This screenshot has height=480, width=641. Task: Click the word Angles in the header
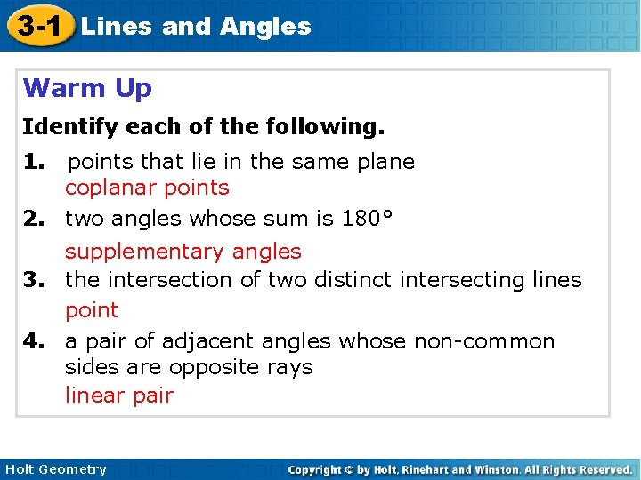(x=265, y=27)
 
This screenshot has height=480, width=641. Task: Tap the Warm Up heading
(x=87, y=88)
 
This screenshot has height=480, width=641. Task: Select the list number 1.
(x=35, y=162)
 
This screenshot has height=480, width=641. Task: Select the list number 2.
(x=35, y=219)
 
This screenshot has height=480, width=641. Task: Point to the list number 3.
(x=35, y=280)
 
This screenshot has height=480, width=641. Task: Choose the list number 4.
(x=35, y=341)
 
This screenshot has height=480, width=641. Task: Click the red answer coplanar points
(x=147, y=188)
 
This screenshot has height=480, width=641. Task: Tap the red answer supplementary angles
(x=183, y=252)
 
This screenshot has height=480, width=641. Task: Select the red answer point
(x=91, y=310)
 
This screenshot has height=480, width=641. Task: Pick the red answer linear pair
(x=118, y=396)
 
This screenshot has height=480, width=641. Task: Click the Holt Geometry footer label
(x=55, y=469)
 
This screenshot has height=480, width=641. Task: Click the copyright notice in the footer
(x=459, y=469)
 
